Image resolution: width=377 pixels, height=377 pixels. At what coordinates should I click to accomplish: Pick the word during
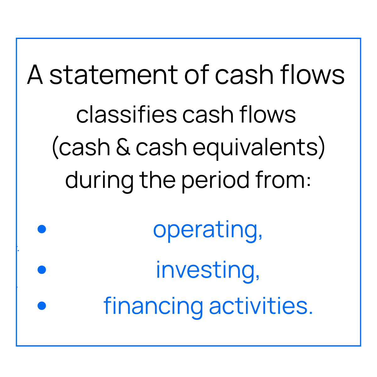(x=99, y=180)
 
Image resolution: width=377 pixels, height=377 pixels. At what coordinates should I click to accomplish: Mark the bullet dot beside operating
(x=42, y=229)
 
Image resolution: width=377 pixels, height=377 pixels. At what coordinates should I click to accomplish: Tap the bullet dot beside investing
(x=42, y=270)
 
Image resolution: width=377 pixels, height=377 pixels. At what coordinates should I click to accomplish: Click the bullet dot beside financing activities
(x=42, y=306)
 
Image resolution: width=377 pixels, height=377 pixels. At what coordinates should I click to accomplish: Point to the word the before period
(x=157, y=180)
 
